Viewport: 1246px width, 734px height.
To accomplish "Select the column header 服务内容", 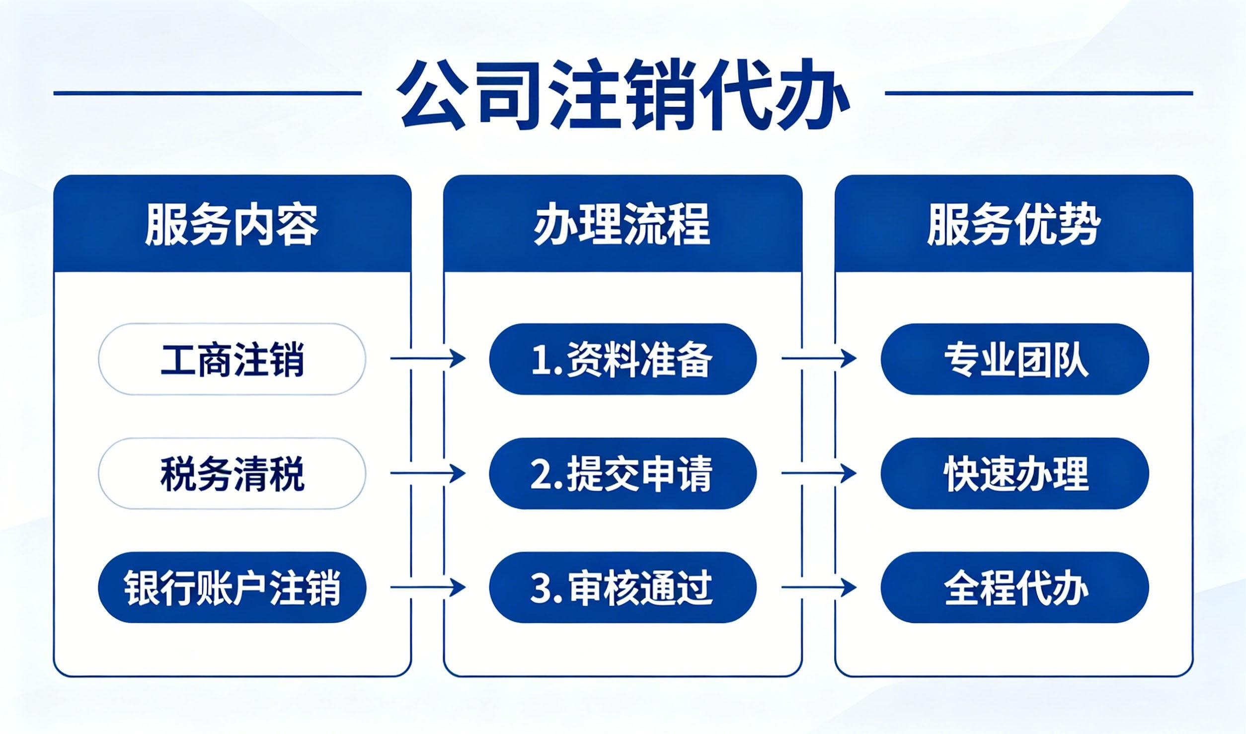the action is (x=232, y=224).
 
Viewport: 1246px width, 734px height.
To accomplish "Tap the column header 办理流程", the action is (x=623, y=224).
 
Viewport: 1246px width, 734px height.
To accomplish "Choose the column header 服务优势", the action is (x=1013, y=224).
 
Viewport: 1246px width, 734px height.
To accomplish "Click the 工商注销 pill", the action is (x=232, y=359).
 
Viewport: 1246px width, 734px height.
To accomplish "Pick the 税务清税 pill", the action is (x=232, y=474).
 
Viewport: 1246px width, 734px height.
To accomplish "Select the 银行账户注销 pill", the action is (x=232, y=588).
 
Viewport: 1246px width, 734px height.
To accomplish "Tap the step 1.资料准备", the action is (x=623, y=359).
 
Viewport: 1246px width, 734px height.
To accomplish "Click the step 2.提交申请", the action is (x=623, y=474).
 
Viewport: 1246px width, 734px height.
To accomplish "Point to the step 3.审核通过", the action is (x=623, y=588).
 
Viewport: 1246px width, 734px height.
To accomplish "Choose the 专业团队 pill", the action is (x=1014, y=359).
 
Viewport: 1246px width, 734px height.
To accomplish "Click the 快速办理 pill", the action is (x=1014, y=474).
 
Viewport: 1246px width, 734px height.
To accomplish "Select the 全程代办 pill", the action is (x=1014, y=588).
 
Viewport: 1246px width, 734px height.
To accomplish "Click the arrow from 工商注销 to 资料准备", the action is (x=428, y=358).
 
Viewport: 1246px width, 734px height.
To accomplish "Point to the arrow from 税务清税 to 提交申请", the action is (x=428, y=473).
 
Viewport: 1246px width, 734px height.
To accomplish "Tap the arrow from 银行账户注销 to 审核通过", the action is (x=428, y=587).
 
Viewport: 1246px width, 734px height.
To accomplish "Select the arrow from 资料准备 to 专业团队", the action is (x=819, y=358).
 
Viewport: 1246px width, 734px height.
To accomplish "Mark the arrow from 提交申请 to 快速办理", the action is (x=819, y=473).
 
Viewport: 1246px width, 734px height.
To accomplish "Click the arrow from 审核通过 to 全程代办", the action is (x=819, y=587).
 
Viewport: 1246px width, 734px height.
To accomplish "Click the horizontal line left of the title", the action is (x=208, y=93).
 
